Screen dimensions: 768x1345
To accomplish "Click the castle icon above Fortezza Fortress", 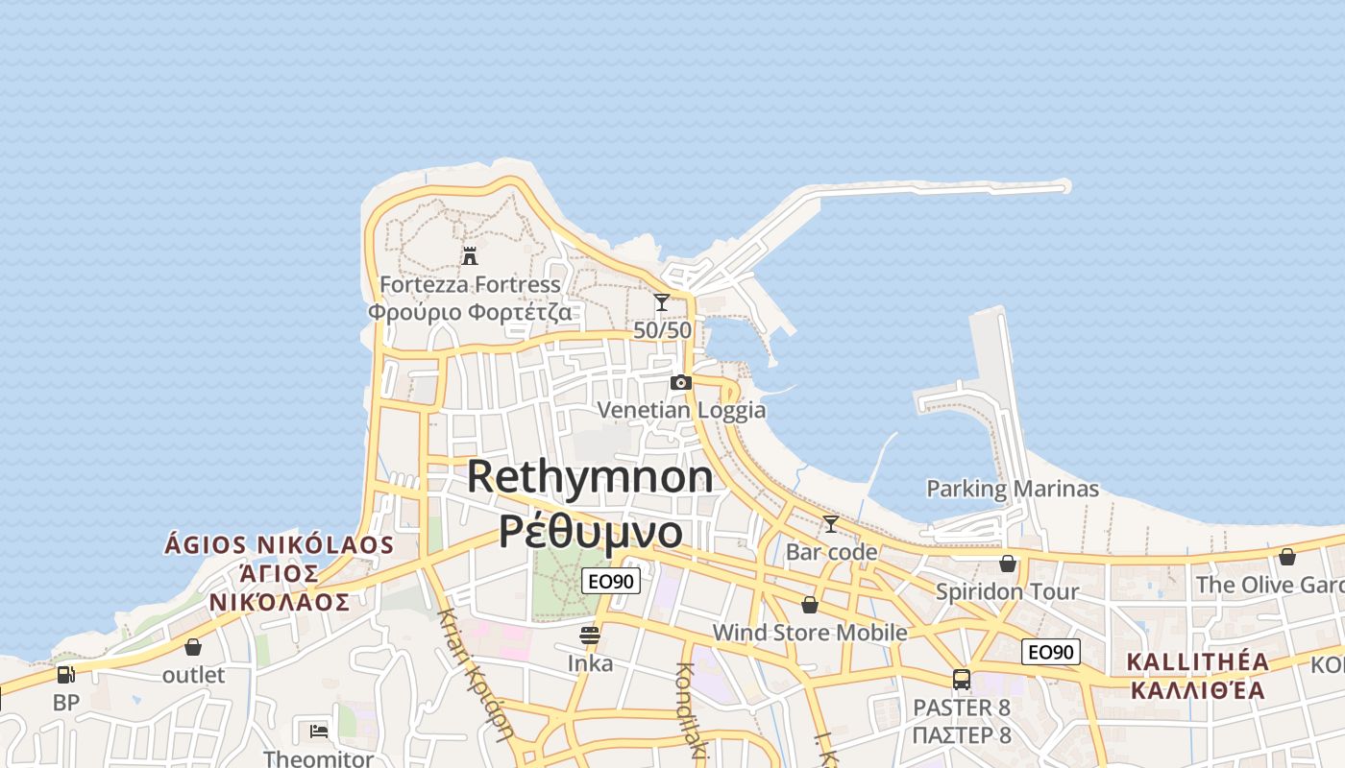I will click(470, 256).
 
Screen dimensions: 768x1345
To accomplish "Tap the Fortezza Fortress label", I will click(470, 285).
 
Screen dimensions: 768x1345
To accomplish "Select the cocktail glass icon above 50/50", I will click(661, 302).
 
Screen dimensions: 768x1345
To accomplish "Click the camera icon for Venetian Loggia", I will click(681, 383).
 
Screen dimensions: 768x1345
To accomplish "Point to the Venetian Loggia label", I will click(681, 411).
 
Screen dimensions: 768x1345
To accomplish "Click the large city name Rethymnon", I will click(591, 477).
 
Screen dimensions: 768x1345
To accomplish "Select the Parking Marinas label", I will click(1012, 489).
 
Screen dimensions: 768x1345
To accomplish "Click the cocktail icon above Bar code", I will click(831, 524).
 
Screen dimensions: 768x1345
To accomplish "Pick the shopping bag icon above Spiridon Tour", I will click(1008, 564).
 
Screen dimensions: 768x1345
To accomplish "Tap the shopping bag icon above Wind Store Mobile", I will click(810, 605).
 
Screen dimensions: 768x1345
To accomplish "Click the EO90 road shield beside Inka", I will click(611, 581).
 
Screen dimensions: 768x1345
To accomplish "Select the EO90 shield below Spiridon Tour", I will click(1051, 652).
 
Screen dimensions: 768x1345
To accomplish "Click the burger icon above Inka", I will click(590, 636).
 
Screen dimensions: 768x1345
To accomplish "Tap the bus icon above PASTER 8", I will click(962, 680).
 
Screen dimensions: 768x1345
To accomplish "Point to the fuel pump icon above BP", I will click(65, 675).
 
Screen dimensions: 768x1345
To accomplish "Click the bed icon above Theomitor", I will click(319, 732).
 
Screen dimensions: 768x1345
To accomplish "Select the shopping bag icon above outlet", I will click(193, 647).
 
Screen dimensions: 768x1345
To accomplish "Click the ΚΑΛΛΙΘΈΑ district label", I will click(1197, 689).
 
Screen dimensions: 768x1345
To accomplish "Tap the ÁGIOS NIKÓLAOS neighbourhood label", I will click(280, 545).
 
